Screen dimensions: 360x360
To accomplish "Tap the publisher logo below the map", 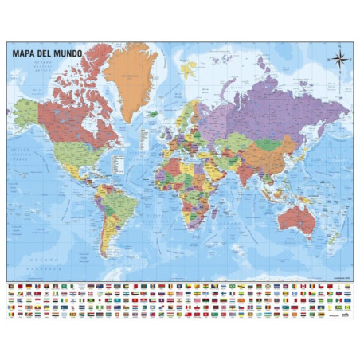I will coord(344,315).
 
